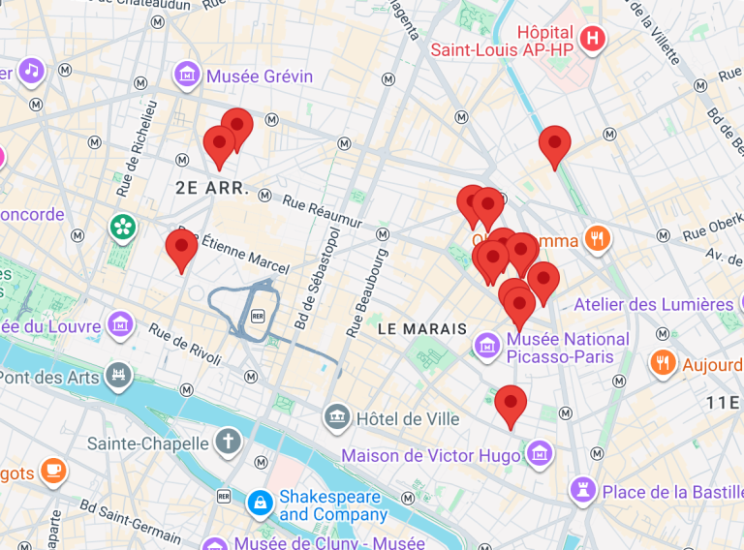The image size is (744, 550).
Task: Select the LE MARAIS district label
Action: [x=422, y=329]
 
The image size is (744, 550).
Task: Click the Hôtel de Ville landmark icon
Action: [x=337, y=418]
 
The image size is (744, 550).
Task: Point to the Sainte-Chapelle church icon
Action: [x=229, y=443]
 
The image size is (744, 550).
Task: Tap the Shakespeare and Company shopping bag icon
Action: [x=260, y=503]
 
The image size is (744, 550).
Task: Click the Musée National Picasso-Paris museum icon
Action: [x=487, y=343]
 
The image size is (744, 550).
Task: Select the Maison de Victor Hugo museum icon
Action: [x=540, y=452]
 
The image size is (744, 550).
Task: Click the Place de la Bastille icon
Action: [x=582, y=490]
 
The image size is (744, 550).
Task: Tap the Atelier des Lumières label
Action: [x=654, y=304]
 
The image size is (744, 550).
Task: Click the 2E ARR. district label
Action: [x=212, y=188]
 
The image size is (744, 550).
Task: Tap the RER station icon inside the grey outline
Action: [x=258, y=316]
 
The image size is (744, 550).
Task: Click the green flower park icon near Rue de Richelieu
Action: [x=122, y=228]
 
